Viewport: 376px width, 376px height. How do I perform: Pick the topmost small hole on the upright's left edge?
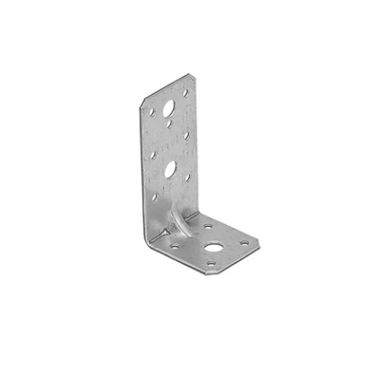tap(153, 113)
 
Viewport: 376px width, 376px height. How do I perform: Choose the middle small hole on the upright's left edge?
tap(154, 154)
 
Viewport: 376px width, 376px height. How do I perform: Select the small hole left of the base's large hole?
tap(175, 245)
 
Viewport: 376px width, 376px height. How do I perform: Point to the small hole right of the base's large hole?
tap(244, 243)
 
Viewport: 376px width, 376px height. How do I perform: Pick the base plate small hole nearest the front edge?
tap(210, 264)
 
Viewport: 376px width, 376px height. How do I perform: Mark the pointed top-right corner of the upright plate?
tap(190, 75)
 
